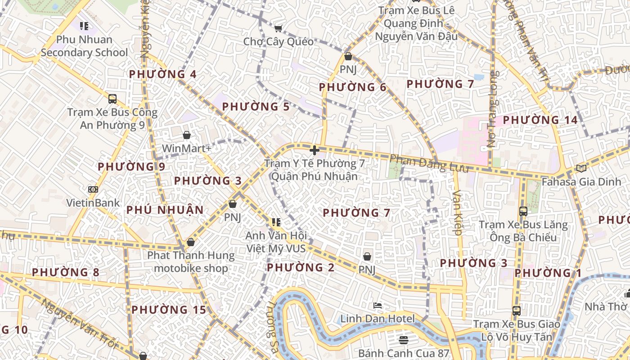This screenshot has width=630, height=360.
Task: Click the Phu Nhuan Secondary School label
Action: tap(84, 46)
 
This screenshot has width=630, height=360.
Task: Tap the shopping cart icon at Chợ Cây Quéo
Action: tap(279, 29)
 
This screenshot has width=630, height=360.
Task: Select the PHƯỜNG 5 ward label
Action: tap(256, 107)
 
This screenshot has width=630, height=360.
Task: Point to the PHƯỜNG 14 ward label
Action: tap(540, 120)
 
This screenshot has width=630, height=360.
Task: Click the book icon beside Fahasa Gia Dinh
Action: tap(581, 169)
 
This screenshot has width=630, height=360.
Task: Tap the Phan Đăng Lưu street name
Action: tap(429, 164)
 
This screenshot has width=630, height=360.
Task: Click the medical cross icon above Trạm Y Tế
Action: tap(315, 150)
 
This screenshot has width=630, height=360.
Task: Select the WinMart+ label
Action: tap(186, 148)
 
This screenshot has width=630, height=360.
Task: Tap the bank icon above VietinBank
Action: tap(93, 189)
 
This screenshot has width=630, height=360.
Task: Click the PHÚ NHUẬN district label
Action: tap(165, 210)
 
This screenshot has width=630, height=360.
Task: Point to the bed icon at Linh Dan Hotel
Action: tap(378, 306)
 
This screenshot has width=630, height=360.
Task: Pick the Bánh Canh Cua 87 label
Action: tap(404, 353)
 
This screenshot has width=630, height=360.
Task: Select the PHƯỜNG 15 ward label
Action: tap(169, 310)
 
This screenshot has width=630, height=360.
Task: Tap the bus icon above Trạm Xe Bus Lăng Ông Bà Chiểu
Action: tap(523, 211)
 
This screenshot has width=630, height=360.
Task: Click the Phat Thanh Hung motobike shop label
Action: tap(191, 262)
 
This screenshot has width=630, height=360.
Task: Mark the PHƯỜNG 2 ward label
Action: tap(301, 268)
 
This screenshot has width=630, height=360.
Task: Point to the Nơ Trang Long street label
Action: tap(494, 109)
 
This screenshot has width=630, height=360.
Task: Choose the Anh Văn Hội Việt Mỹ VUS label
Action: tap(276, 242)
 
